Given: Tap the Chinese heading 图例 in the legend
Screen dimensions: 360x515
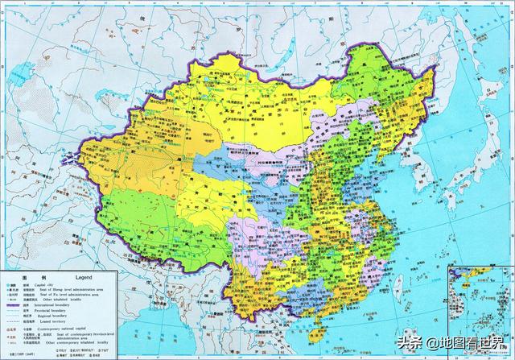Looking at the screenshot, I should (x=31, y=275).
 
